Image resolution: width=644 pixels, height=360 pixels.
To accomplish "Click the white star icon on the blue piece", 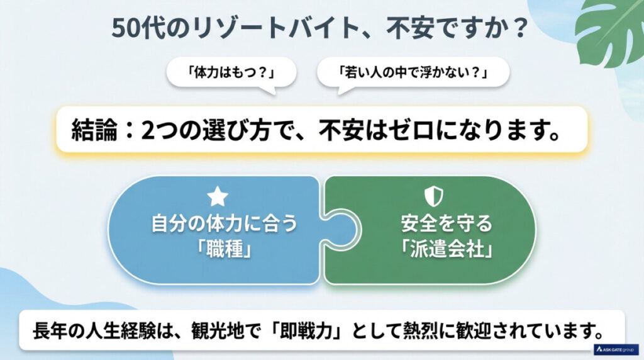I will [x=218, y=197].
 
